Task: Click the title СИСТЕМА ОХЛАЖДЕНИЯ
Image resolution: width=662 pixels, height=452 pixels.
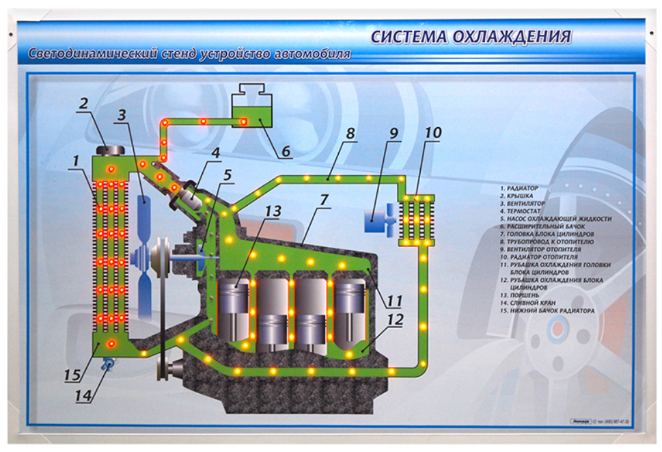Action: (471, 36)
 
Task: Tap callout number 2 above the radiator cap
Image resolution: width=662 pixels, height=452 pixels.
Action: (83, 105)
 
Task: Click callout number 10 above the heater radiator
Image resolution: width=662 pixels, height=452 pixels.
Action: (432, 132)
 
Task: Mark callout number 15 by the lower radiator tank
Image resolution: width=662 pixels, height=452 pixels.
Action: (72, 375)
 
